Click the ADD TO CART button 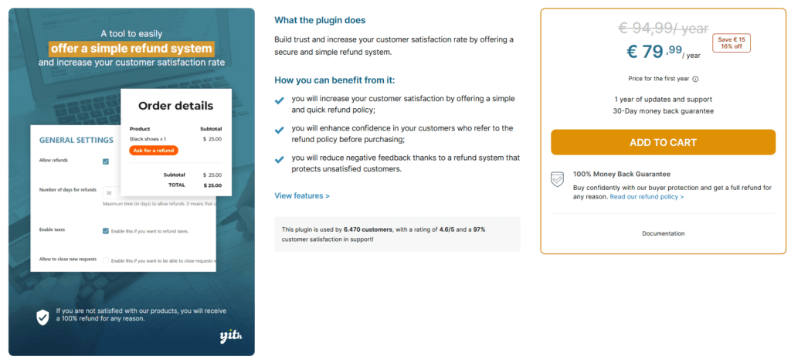pyautogui.click(x=663, y=142)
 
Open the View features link pyautogui.click(x=302, y=195)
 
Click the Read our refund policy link pyautogui.click(x=647, y=197)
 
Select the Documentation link pyautogui.click(x=663, y=233)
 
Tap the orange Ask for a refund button pyautogui.click(x=154, y=150)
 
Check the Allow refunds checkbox pyautogui.click(x=106, y=161)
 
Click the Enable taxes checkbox pyautogui.click(x=106, y=230)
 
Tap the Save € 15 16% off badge pyautogui.click(x=732, y=43)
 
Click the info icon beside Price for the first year pyautogui.click(x=695, y=79)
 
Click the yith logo pyautogui.click(x=229, y=335)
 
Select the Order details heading pyautogui.click(x=176, y=106)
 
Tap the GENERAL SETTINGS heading pyautogui.click(x=76, y=140)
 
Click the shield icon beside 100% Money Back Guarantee pyautogui.click(x=557, y=179)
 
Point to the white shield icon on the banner pyautogui.click(x=42, y=317)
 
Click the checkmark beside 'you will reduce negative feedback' pyautogui.click(x=280, y=159)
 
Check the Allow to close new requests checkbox pyautogui.click(x=106, y=260)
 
